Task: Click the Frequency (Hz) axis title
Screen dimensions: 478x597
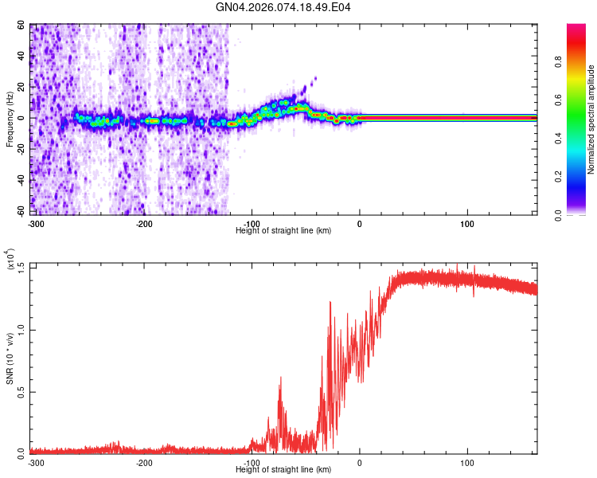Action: (10, 119)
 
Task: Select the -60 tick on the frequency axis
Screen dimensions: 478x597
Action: (20, 211)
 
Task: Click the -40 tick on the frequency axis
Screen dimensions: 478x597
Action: (20, 180)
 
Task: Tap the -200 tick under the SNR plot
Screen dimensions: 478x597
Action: (144, 463)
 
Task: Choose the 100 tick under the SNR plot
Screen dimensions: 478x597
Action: (467, 463)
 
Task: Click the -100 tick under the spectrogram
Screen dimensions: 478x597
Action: (252, 222)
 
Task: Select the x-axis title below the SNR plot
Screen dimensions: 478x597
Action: (283, 470)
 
